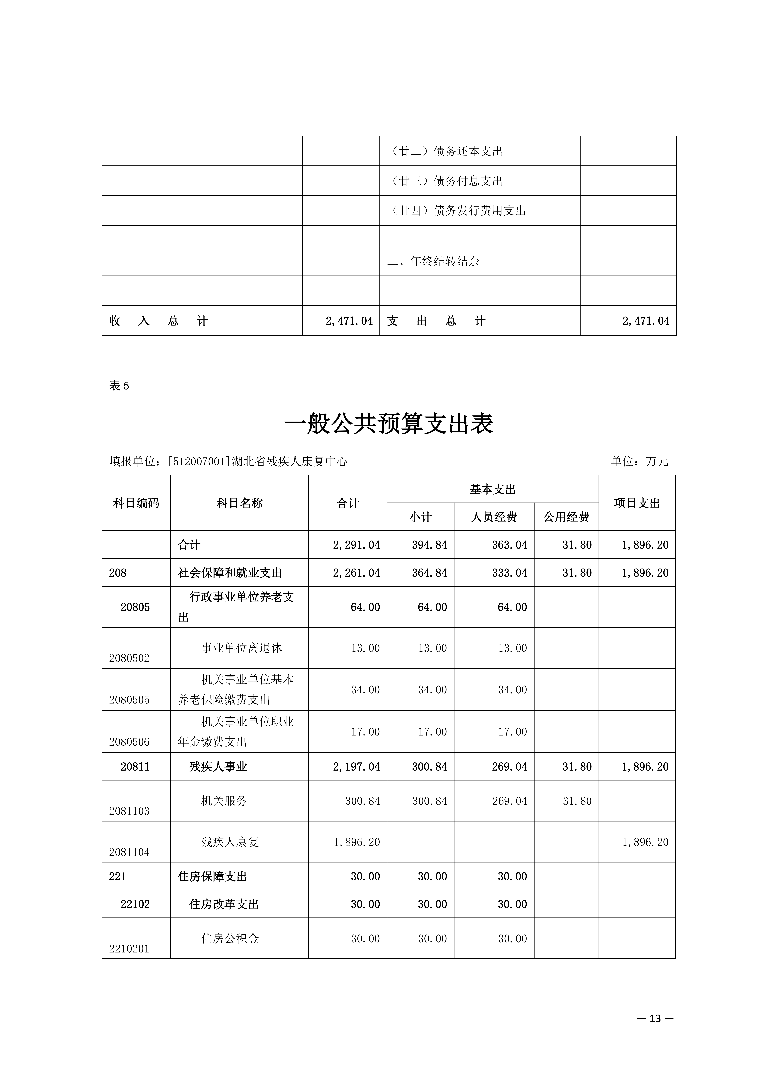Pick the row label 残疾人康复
tap(230, 842)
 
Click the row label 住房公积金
tap(230, 938)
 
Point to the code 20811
tap(135, 766)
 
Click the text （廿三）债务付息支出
tap(446, 181)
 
